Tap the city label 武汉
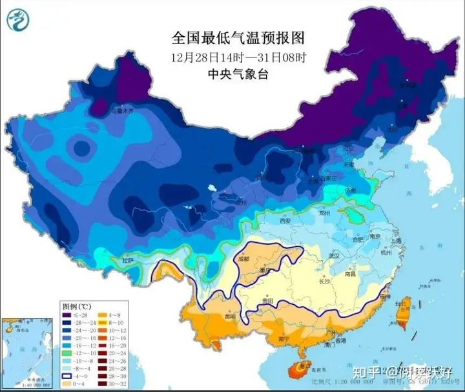pyautogui.click(x=334, y=256)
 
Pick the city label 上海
pyautogui.click(x=396, y=241)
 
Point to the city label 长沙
pyautogui.click(x=324, y=280)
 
